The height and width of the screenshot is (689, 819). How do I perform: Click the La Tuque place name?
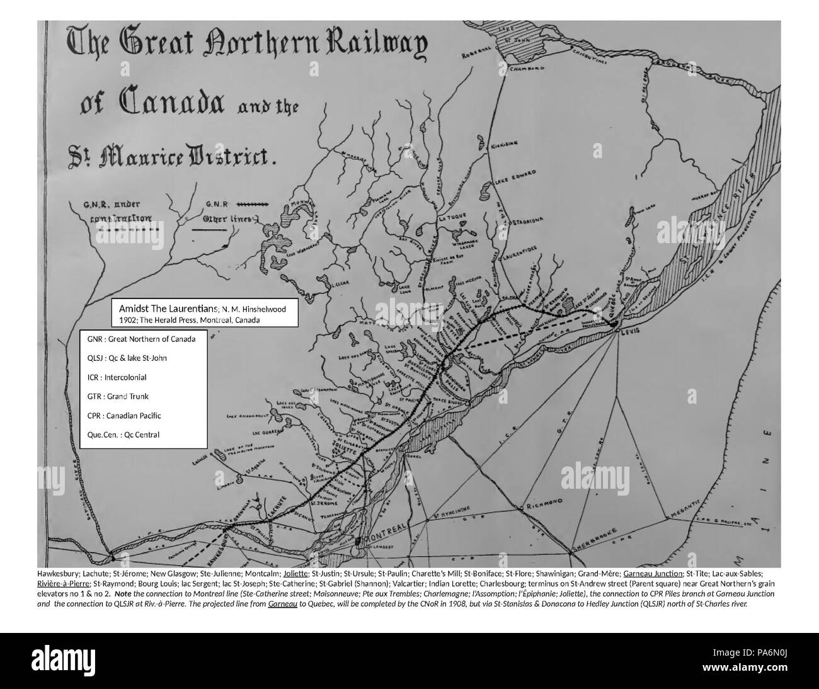(452, 217)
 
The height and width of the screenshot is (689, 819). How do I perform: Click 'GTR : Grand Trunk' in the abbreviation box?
(118, 396)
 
